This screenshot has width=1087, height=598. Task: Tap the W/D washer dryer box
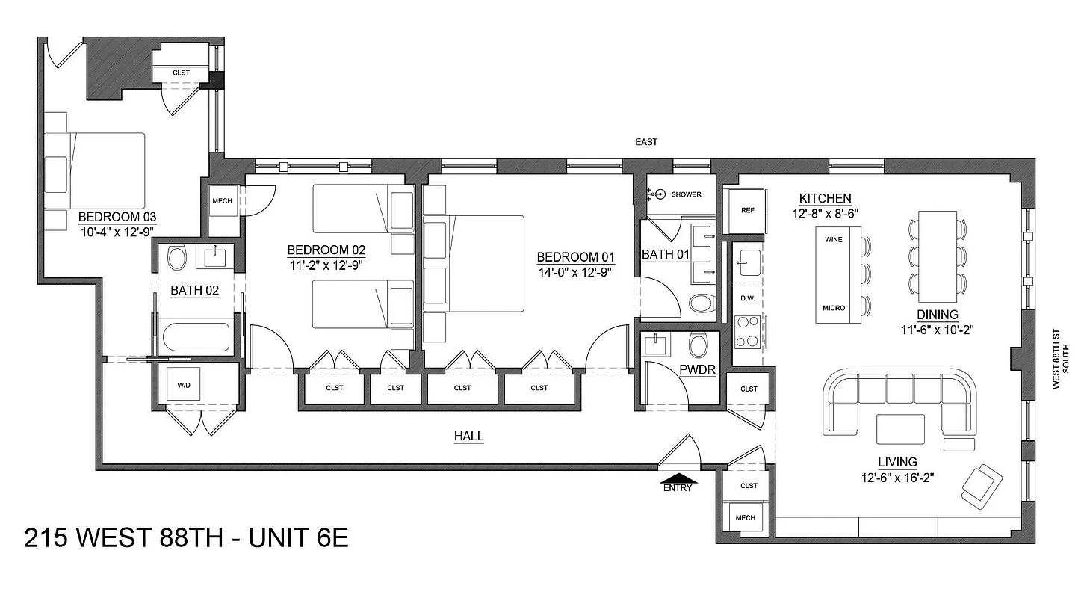(183, 386)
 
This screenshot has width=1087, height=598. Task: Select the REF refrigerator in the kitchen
(747, 210)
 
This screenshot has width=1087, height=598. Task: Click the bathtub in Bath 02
(196, 338)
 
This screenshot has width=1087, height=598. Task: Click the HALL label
(468, 436)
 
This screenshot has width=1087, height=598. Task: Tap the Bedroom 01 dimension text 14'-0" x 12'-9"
(575, 272)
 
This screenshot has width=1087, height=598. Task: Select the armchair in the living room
(982, 483)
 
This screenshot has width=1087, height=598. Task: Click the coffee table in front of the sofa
(900, 430)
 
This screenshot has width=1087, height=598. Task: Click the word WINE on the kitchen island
(834, 241)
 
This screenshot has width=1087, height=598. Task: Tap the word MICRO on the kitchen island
(834, 308)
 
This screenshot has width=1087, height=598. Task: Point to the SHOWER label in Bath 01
(686, 194)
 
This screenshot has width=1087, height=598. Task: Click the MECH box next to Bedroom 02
(222, 201)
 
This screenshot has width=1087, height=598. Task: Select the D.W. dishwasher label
(747, 298)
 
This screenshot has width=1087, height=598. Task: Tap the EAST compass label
(645, 142)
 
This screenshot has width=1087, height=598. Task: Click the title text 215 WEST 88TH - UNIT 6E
(186, 538)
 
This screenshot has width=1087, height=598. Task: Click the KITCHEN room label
(825, 198)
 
